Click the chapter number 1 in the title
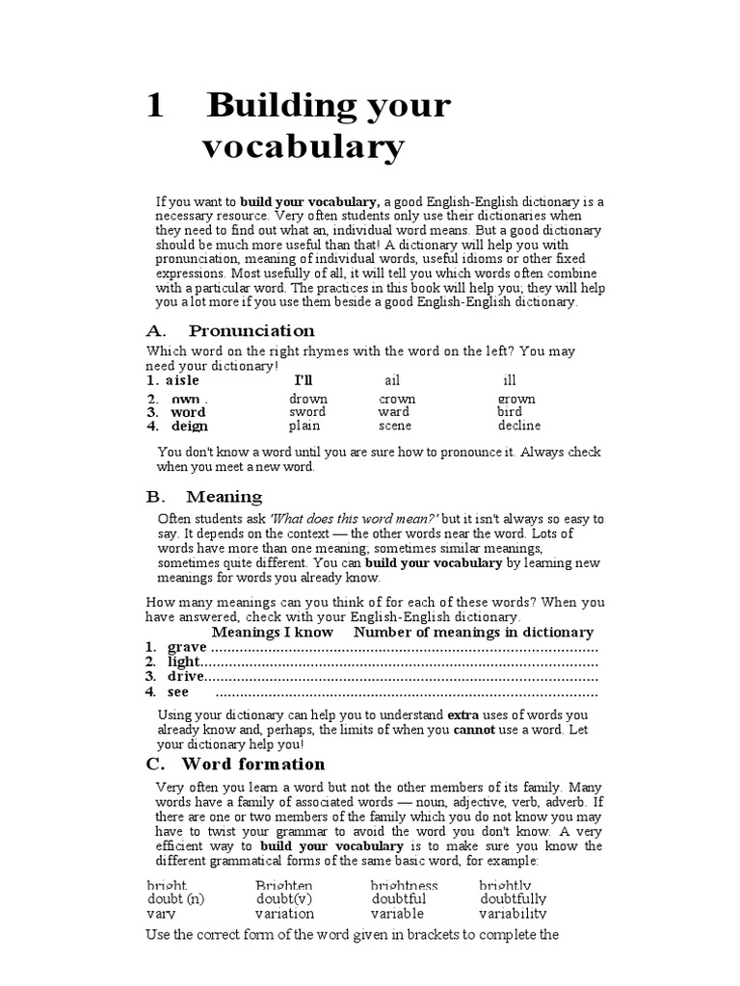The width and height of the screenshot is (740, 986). click(x=154, y=107)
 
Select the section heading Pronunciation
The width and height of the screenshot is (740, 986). click(x=251, y=330)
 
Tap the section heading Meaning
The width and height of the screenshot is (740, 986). click(x=224, y=497)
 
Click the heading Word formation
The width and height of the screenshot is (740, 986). click(x=253, y=764)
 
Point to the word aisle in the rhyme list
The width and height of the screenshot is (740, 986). click(x=183, y=380)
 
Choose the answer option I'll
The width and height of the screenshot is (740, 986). click(x=304, y=380)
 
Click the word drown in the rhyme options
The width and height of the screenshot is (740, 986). click(x=308, y=399)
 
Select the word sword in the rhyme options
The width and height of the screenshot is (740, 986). click(x=307, y=412)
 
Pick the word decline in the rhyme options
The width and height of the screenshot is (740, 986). click(x=519, y=426)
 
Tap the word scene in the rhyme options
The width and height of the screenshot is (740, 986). click(x=395, y=426)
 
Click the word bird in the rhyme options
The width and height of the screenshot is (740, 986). click(x=510, y=412)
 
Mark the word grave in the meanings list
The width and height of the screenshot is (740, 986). click(x=187, y=647)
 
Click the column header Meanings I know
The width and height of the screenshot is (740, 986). click(x=272, y=632)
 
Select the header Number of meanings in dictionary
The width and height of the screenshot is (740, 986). click(x=473, y=632)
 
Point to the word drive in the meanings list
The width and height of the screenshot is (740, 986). click(x=186, y=677)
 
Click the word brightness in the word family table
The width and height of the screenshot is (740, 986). click(x=404, y=885)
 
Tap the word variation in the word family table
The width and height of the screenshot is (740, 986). click(x=285, y=913)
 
